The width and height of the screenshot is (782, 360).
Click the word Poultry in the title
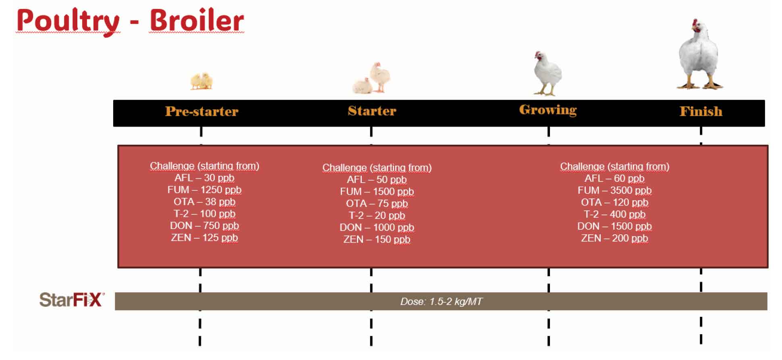tap(68, 21)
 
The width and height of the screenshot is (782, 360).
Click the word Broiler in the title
tap(197, 20)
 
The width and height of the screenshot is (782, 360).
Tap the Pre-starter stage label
tap(202, 111)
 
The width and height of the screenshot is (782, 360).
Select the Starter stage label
tap(372, 111)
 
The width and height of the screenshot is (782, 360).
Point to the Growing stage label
tap(548, 110)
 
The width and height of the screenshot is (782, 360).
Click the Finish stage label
tap(701, 111)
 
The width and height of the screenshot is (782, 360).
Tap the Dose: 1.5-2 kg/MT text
tap(441, 302)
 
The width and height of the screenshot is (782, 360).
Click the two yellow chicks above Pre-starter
tap(201, 81)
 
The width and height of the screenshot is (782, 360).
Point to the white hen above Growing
tap(547, 73)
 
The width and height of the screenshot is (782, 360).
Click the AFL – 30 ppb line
tap(204, 178)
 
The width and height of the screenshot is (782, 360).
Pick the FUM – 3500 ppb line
tap(614, 190)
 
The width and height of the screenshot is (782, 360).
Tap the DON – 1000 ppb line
tap(377, 227)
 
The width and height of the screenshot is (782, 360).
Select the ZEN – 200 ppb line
tap(614, 238)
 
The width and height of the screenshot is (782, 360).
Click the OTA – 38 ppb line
tap(204, 202)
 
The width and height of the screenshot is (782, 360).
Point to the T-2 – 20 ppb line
tap(377, 216)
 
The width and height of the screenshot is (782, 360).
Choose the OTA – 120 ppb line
tap(614, 202)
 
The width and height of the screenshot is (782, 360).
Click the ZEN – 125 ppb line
tap(204, 238)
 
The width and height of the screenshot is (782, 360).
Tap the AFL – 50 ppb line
tap(377, 180)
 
